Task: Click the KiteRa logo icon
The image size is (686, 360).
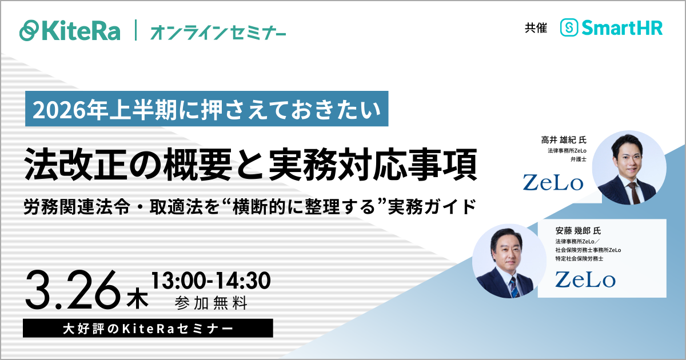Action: (30, 30)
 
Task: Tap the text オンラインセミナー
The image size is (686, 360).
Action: (218, 31)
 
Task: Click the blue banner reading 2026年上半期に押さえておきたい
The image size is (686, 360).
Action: (206, 109)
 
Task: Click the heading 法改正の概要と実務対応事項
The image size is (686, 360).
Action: (251, 162)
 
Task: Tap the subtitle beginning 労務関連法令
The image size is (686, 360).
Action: (250, 206)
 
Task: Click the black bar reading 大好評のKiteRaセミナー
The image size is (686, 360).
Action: (148, 329)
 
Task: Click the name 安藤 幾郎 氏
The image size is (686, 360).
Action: (578, 231)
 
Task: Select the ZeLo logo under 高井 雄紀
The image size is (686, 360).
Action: (553, 182)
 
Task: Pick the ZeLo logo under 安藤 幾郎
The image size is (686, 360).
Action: (585, 279)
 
